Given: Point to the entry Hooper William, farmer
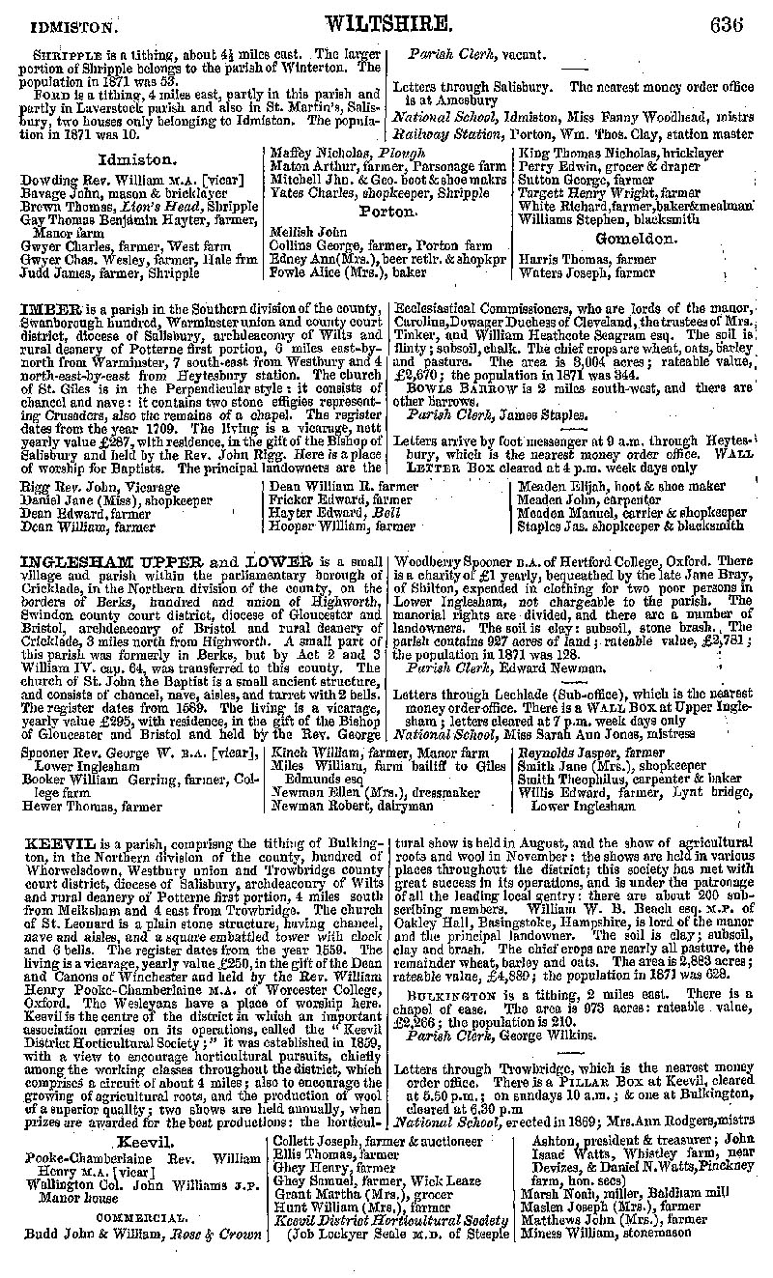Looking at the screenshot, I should [x=329, y=526].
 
